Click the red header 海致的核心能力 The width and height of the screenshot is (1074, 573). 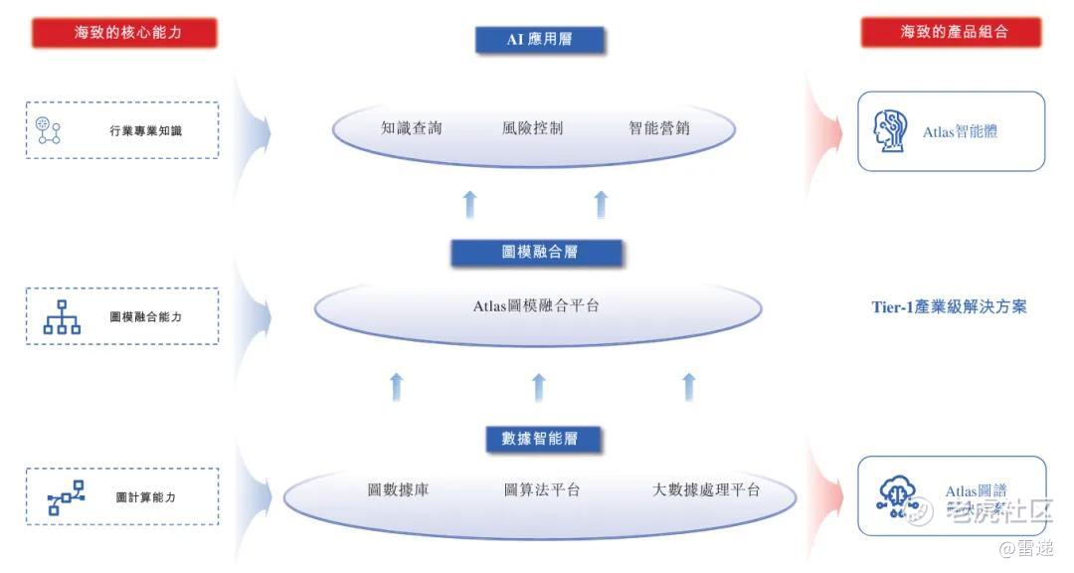tap(124, 33)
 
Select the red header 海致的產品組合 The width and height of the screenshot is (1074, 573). tap(951, 32)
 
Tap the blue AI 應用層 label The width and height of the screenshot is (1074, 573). tap(541, 40)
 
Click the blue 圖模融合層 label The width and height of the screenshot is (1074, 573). tap(538, 253)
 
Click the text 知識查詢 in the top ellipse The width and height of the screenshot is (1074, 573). tap(411, 128)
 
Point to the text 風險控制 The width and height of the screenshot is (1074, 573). tap(532, 128)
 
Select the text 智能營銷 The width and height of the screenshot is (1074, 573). tap(658, 128)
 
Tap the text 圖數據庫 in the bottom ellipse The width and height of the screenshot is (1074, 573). tap(398, 490)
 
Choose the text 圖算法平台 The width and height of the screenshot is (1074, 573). tap(542, 490)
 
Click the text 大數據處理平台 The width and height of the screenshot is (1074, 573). tap(706, 490)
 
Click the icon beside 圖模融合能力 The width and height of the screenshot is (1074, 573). tap(62, 316)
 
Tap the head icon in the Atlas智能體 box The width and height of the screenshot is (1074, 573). tap(890, 131)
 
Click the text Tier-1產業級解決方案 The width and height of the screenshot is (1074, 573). tap(949, 307)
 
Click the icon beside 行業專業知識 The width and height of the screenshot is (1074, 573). tap(48, 130)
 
